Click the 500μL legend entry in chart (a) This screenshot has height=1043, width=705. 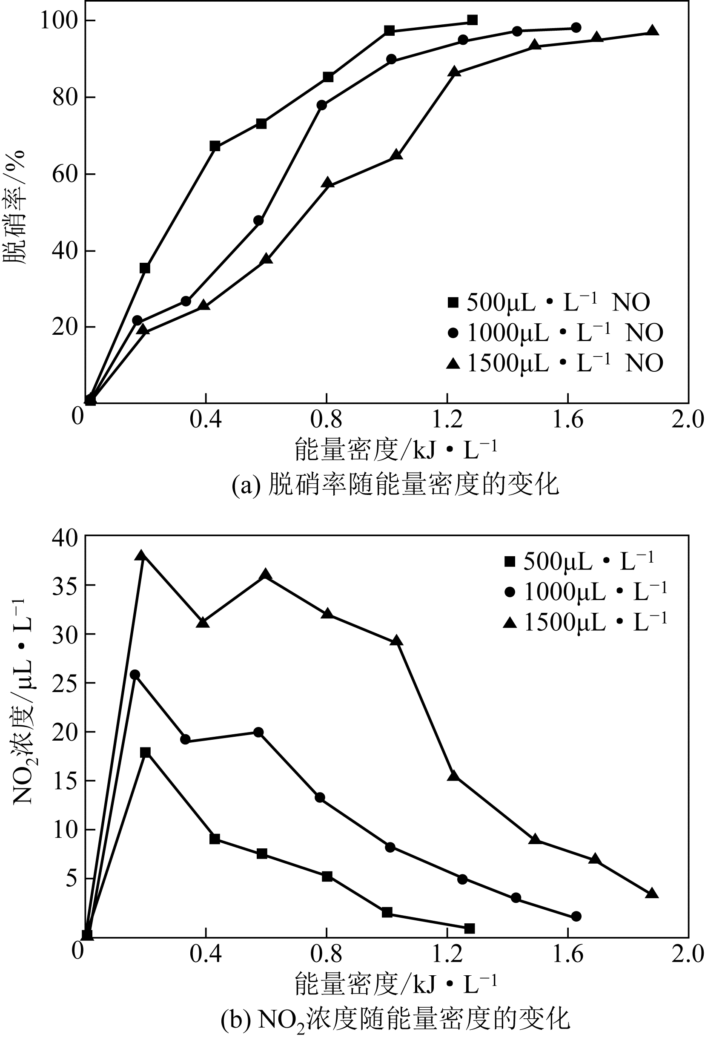548,303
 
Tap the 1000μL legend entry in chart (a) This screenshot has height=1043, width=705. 555,333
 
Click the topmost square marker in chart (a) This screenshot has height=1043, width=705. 472,20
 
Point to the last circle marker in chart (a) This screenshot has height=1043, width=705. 576,28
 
